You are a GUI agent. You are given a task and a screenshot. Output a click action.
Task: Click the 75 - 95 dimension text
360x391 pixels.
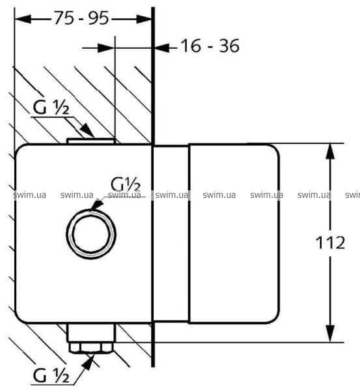[x=81, y=18]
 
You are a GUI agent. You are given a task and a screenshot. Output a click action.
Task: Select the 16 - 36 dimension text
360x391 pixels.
[x=210, y=46]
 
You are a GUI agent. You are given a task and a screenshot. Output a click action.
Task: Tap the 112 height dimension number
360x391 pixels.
[x=330, y=242]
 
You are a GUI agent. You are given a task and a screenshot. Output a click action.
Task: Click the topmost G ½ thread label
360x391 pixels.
[x=51, y=108]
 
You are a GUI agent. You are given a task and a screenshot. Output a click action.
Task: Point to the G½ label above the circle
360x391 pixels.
[x=126, y=184]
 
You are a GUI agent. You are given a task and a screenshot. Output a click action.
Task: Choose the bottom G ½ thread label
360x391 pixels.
[x=51, y=375]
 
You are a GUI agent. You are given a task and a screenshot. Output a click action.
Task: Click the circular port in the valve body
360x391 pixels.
[x=91, y=234]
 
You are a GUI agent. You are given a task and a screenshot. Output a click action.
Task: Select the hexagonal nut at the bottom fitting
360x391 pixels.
[x=91, y=347]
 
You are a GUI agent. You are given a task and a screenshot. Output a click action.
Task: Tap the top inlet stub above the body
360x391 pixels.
[x=91, y=141]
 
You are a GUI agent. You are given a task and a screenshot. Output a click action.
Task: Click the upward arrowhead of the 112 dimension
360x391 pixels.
[x=330, y=151]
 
